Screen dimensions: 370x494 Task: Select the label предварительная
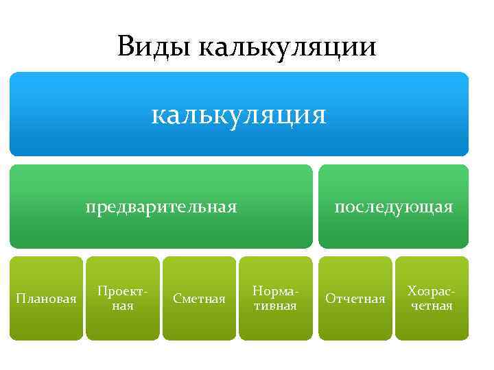tap(161, 206)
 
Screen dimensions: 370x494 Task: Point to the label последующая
tap(393, 206)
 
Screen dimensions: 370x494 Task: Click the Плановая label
tap(46, 299)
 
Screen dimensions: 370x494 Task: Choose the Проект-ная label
tap(123, 298)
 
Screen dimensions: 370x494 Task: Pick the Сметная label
tap(199, 299)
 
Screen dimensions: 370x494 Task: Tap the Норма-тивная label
tap(274, 298)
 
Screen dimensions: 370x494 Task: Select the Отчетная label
tap(355, 299)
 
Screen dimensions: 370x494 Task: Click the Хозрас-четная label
tap(431, 298)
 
